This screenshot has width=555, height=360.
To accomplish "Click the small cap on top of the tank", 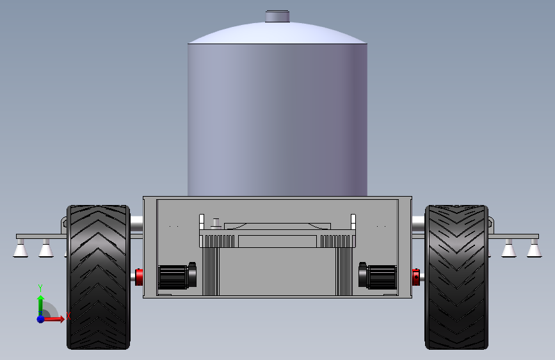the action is click(278, 16).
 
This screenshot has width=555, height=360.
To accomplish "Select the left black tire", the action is click(99, 277).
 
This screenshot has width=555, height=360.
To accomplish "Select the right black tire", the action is click(456, 277).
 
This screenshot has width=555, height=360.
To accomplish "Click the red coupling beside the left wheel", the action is click(139, 277).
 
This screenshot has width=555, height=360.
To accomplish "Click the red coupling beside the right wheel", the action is click(416, 277).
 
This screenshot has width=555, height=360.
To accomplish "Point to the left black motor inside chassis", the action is click(177, 276).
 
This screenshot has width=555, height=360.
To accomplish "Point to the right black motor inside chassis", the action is click(378, 276).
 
